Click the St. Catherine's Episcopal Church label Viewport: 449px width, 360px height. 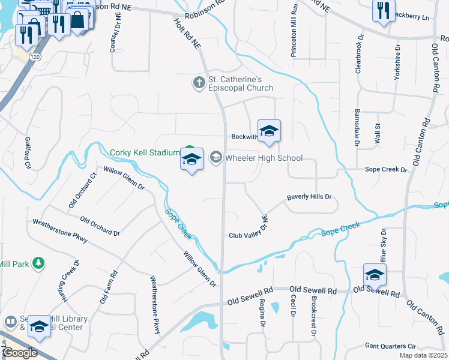click(240, 83)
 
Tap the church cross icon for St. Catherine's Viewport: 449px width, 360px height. click(199, 82)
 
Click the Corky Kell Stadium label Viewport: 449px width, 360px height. click(144, 152)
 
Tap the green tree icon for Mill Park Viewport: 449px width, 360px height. click(38, 263)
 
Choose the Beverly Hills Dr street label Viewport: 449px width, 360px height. click(309, 197)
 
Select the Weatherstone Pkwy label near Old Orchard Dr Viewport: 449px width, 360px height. click(60, 231)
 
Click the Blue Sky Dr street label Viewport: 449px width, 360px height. click(382, 245)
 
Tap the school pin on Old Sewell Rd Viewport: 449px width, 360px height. click(375, 275)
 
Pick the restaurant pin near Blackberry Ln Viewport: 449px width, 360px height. click(383, 10)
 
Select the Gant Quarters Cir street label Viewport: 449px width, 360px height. click(390, 346)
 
